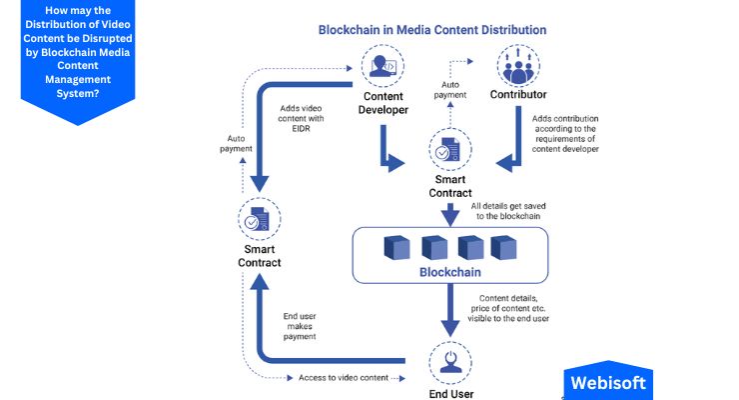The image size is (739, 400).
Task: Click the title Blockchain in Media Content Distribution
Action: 431,30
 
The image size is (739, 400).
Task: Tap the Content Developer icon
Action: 382,67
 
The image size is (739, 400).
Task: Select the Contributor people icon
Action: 518,67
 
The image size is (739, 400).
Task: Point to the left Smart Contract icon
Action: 258,218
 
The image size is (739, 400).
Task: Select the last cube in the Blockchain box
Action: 502,247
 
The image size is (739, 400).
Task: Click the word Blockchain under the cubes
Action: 450,272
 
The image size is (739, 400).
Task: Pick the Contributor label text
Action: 518,96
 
